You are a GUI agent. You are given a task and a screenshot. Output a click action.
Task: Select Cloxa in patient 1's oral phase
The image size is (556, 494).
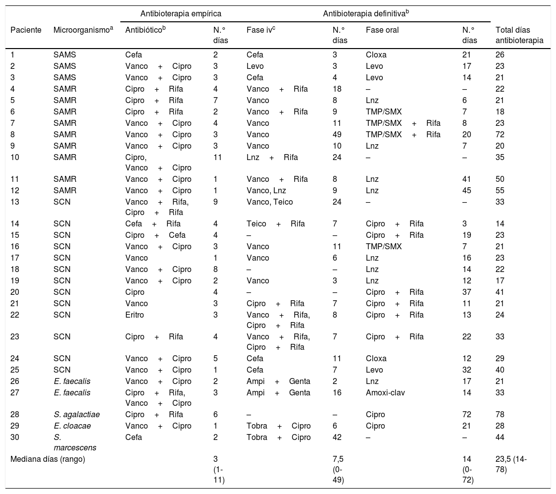[x=376, y=55]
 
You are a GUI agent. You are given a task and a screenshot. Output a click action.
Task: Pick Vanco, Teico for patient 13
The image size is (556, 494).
[x=269, y=202]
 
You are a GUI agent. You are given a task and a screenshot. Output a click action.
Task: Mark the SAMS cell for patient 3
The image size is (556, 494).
[x=64, y=77]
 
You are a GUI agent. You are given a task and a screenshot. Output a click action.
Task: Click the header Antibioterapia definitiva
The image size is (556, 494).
[x=365, y=13]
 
